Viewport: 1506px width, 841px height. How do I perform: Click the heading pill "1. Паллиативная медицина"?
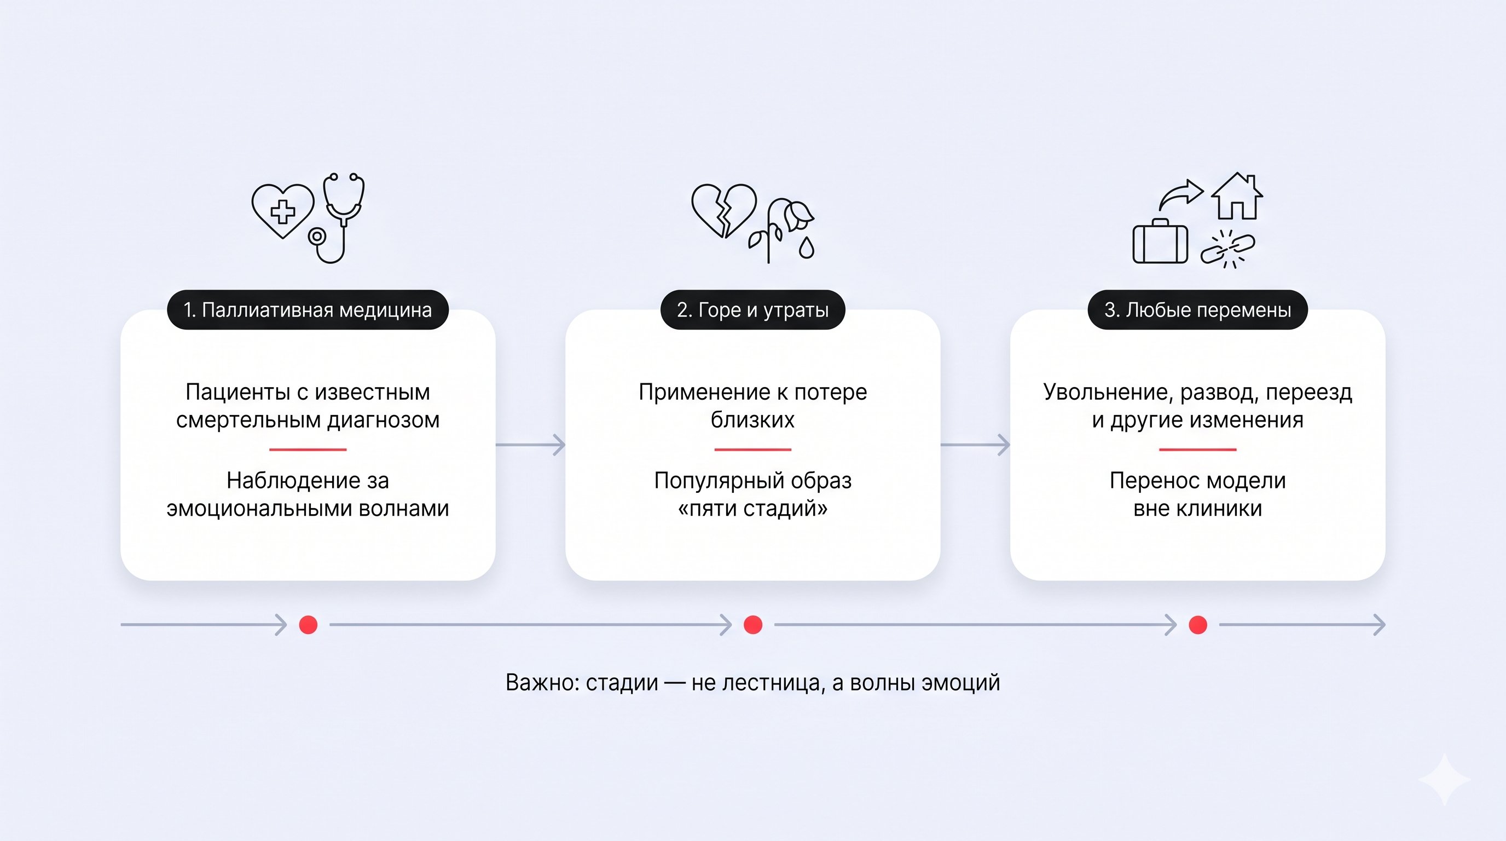pyautogui.click(x=308, y=309)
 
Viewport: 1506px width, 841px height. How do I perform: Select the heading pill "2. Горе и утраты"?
pyautogui.click(x=752, y=309)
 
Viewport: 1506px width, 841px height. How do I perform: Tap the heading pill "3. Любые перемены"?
pyautogui.click(x=1197, y=309)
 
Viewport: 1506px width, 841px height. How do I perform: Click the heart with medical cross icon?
pyautogui.click(x=283, y=211)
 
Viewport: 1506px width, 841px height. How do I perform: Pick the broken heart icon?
pyautogui.click(x=724, y=211)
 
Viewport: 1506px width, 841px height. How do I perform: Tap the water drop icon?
pyautogui.click(x=807, y=248)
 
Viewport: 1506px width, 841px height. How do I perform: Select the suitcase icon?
pyautogui.click(x=1161, y=241)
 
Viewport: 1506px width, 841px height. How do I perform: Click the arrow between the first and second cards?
pyautogui.click(x=530, y=445)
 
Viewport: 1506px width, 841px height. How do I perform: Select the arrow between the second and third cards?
pyautogui.click(x=975, y=445)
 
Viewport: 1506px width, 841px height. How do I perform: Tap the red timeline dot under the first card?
pyautogui.click(x=308, y=625)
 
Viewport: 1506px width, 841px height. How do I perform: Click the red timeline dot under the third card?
pyautogui.click(x=1198, y=625)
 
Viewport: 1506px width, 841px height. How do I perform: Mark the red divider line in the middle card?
pyautogui.click(x=752, y=450)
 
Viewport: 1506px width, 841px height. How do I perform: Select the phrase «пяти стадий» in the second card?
pyautogui.click(x=752, y=509)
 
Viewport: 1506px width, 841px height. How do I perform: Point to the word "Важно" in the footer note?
pyautogui.click(x=543, y=683)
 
